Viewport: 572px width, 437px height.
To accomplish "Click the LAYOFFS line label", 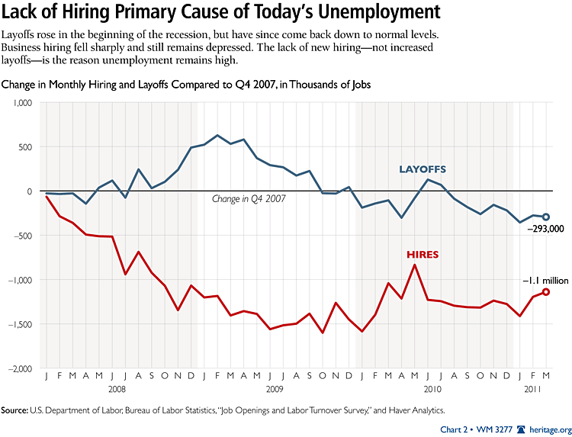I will click(423, 169).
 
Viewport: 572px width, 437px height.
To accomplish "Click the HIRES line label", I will click(423, 255).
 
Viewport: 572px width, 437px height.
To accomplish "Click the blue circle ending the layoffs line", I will click(545, 217).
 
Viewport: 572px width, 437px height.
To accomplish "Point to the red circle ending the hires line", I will click(545, 292).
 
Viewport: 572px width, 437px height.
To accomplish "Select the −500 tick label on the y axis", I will click(24, 236).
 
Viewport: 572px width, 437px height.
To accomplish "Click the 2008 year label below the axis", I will click(117, 389).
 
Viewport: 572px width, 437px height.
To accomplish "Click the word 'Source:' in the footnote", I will click(14, 410).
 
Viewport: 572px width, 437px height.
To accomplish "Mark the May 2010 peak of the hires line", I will click(414, 265).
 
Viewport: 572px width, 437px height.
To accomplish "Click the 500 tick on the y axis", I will click(27, 146).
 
